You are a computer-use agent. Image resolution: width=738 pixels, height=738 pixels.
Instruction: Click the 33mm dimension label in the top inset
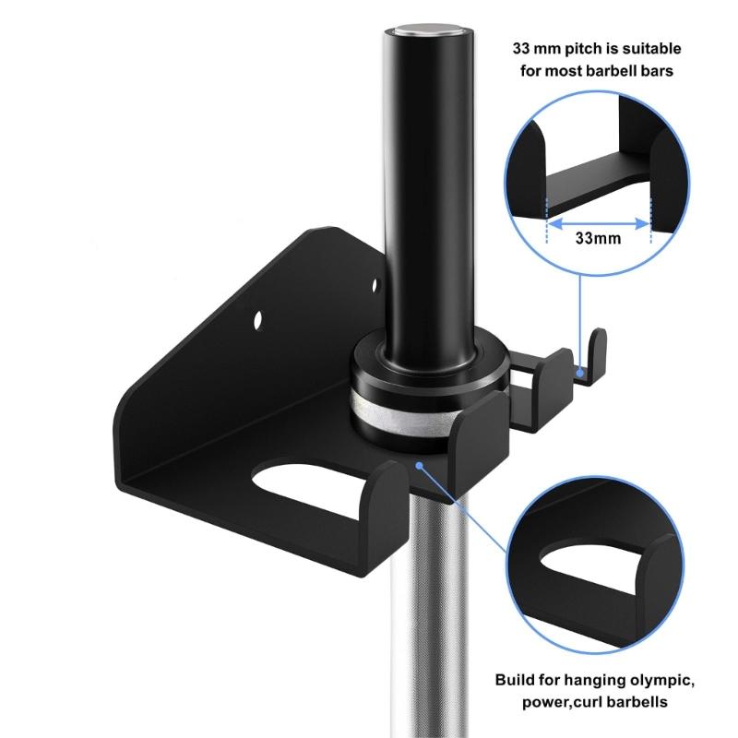[x=597, y=237]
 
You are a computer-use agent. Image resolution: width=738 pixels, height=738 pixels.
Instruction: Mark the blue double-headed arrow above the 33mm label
[x=598, y=220]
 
